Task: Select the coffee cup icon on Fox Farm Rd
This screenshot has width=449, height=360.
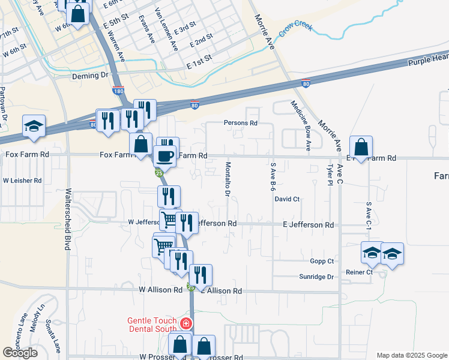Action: (165, 156)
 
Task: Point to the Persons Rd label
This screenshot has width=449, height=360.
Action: (240, 123)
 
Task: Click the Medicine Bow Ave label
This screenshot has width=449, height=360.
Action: (301, 125)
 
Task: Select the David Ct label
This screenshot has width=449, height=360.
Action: (287, 199)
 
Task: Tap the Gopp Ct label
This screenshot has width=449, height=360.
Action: (322, 261)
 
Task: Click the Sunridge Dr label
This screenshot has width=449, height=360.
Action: (316, 277)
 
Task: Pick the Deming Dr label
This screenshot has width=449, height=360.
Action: (89, 76)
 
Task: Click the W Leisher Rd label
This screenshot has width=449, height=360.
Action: (22, 180)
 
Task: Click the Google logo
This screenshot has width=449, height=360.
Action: (20, 353)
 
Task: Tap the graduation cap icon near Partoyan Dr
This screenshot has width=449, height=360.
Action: (34, 126)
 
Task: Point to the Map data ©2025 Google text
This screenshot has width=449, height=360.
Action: (411, 355)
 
